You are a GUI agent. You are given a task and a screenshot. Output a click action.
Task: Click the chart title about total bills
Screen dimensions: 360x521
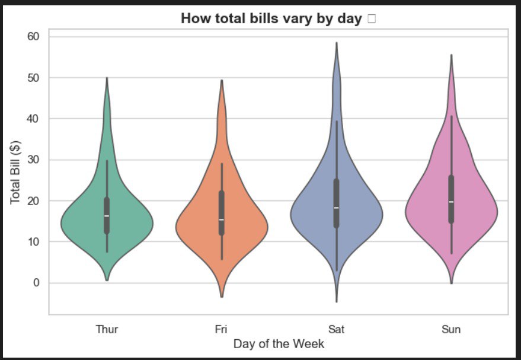(271, 18)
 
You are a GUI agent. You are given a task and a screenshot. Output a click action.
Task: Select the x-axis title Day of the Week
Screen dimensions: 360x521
(279, 344)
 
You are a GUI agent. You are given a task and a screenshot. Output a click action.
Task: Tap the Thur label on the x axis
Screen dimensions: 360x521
(107, 329)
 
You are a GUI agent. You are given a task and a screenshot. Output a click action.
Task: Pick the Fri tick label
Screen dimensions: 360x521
(221, 329)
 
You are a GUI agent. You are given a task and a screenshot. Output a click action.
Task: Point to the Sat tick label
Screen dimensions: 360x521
(336, 329)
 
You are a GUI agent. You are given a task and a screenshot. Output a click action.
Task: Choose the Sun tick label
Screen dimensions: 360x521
(451, 329)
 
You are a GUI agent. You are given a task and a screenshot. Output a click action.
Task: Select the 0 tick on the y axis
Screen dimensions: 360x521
(36, 283)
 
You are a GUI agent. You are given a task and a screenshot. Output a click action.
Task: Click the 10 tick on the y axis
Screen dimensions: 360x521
(33, 242)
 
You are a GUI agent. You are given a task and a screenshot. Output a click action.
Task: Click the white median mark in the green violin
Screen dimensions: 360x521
(107, 216)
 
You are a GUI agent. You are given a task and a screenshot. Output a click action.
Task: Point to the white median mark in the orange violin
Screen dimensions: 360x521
(222, 220)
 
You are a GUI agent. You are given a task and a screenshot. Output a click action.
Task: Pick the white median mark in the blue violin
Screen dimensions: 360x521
(336, 208)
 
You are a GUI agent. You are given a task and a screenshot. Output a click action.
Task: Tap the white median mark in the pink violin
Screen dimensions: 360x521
(451, 202)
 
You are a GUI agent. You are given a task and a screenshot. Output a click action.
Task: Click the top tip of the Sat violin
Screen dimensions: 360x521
(337, 43)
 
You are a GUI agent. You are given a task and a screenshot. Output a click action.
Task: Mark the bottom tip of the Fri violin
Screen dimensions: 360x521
(222, 296)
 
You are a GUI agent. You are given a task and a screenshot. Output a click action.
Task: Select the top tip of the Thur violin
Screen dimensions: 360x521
(107, 78)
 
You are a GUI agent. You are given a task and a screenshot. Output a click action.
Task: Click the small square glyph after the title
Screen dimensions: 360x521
(372, 19)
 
